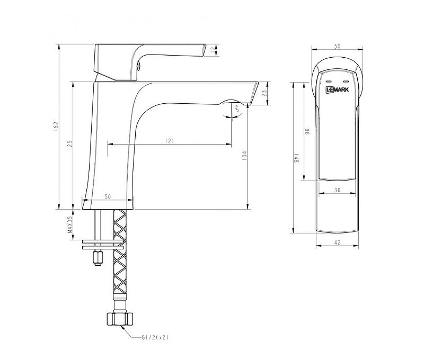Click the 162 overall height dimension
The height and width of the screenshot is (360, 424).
[x=56, y=125]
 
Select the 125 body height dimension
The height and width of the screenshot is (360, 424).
[x=70, y=145]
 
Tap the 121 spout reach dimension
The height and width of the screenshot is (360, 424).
[x=169, y=141]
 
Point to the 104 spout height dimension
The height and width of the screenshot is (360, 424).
[x=244, y=156]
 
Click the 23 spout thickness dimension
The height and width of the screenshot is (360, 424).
[x=264, y=93]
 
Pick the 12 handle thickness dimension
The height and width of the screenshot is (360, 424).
[x=213, y=49]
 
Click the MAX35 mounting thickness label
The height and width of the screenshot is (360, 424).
[x=70, y=224]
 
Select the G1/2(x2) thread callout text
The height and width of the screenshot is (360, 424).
[x=155, y=337]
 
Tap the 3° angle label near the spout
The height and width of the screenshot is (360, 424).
[x=236, y=109]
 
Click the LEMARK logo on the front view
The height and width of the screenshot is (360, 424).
[x=337, y=89]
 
